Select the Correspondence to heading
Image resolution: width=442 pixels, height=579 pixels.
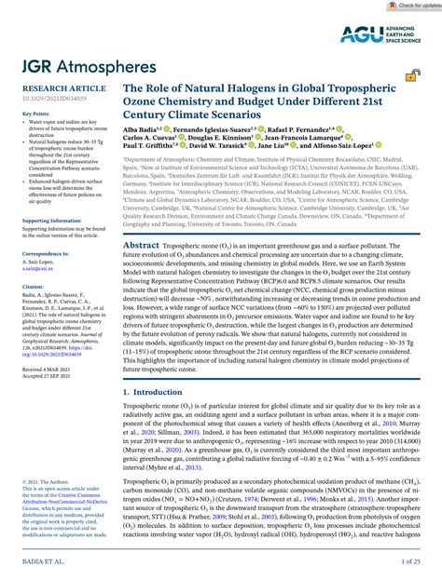pos(44,253)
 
